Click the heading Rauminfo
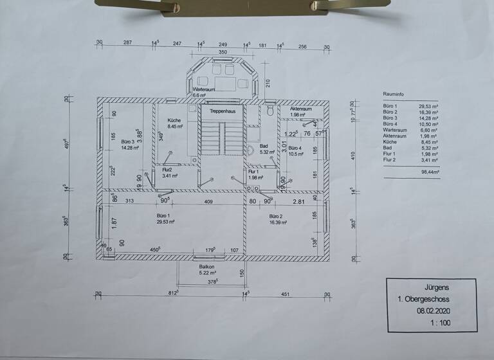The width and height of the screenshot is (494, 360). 392,93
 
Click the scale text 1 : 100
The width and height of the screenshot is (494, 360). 438,322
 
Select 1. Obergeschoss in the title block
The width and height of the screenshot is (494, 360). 424,300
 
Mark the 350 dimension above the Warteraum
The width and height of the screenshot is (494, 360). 223,52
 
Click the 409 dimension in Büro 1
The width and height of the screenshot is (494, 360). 208,201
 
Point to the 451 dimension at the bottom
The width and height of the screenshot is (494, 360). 286,296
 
